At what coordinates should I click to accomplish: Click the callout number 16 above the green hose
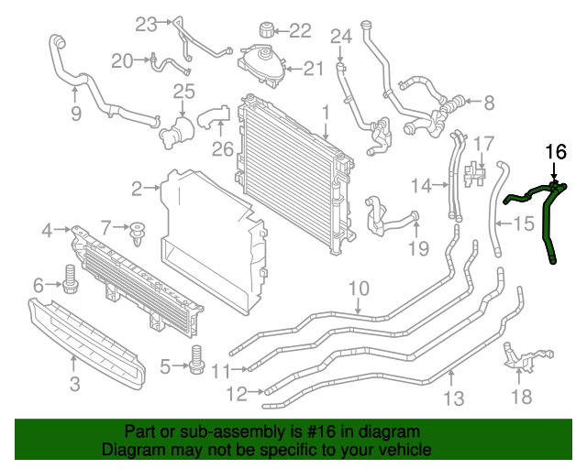[x=556, y=152]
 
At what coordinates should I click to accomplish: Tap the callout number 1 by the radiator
[x=325, y=113]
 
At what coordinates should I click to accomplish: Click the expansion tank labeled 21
[x=261, y=64]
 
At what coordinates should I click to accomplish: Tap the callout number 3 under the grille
[x=75, y=384]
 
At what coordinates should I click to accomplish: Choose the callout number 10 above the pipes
[x=359, y=289]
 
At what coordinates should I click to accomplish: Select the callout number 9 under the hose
[x=75, y=114]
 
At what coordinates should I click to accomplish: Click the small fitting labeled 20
[x=159, y=62]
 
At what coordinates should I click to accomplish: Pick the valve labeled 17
[x=476, y=170]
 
